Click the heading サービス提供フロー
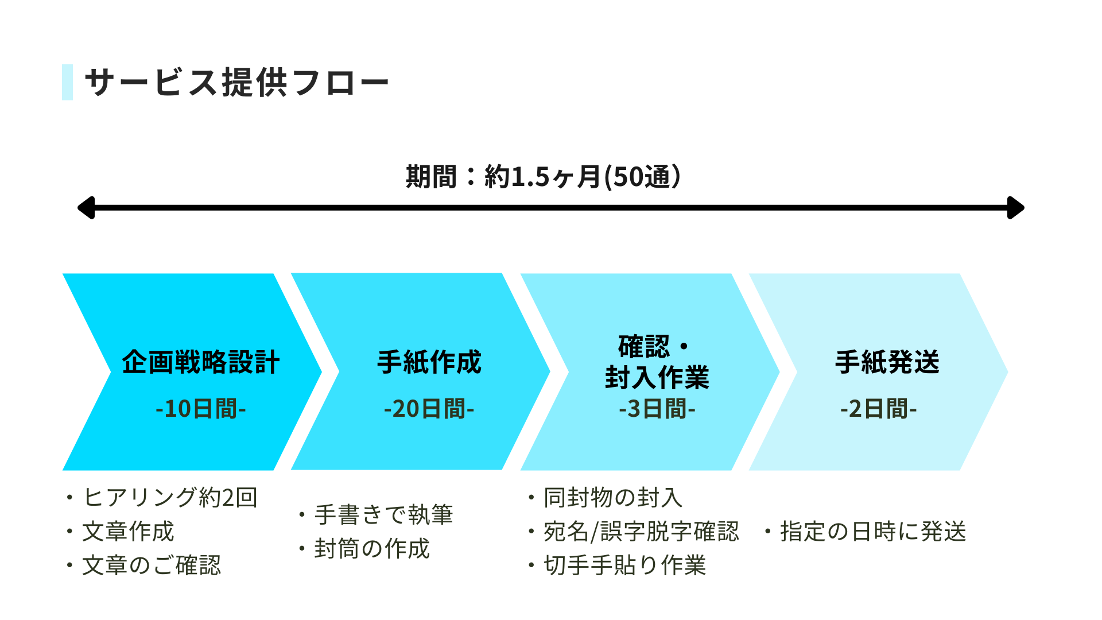click(236, 83)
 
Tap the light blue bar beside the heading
click(67, 82)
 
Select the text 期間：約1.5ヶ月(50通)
click(543, 176)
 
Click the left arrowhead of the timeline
click(86, 208)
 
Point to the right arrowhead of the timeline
click(1016, 208)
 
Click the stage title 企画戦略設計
click(201, 362)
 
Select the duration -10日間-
click(201, 409)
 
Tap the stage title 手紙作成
click(429, 362)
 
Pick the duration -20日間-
click(429, 409)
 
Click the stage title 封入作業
click(657, 377)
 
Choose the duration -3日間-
click(657, 409)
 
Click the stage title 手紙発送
click(887, 362)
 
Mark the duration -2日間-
click(879, 409)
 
